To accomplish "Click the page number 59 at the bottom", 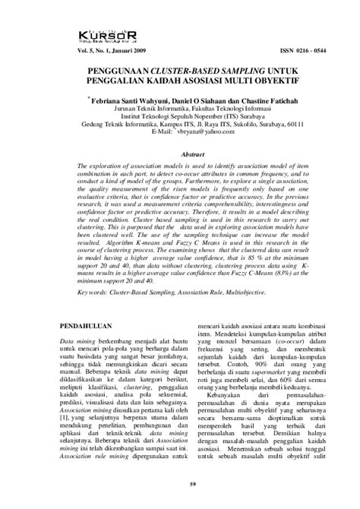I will pyautogui.click(x=179, y=496).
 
